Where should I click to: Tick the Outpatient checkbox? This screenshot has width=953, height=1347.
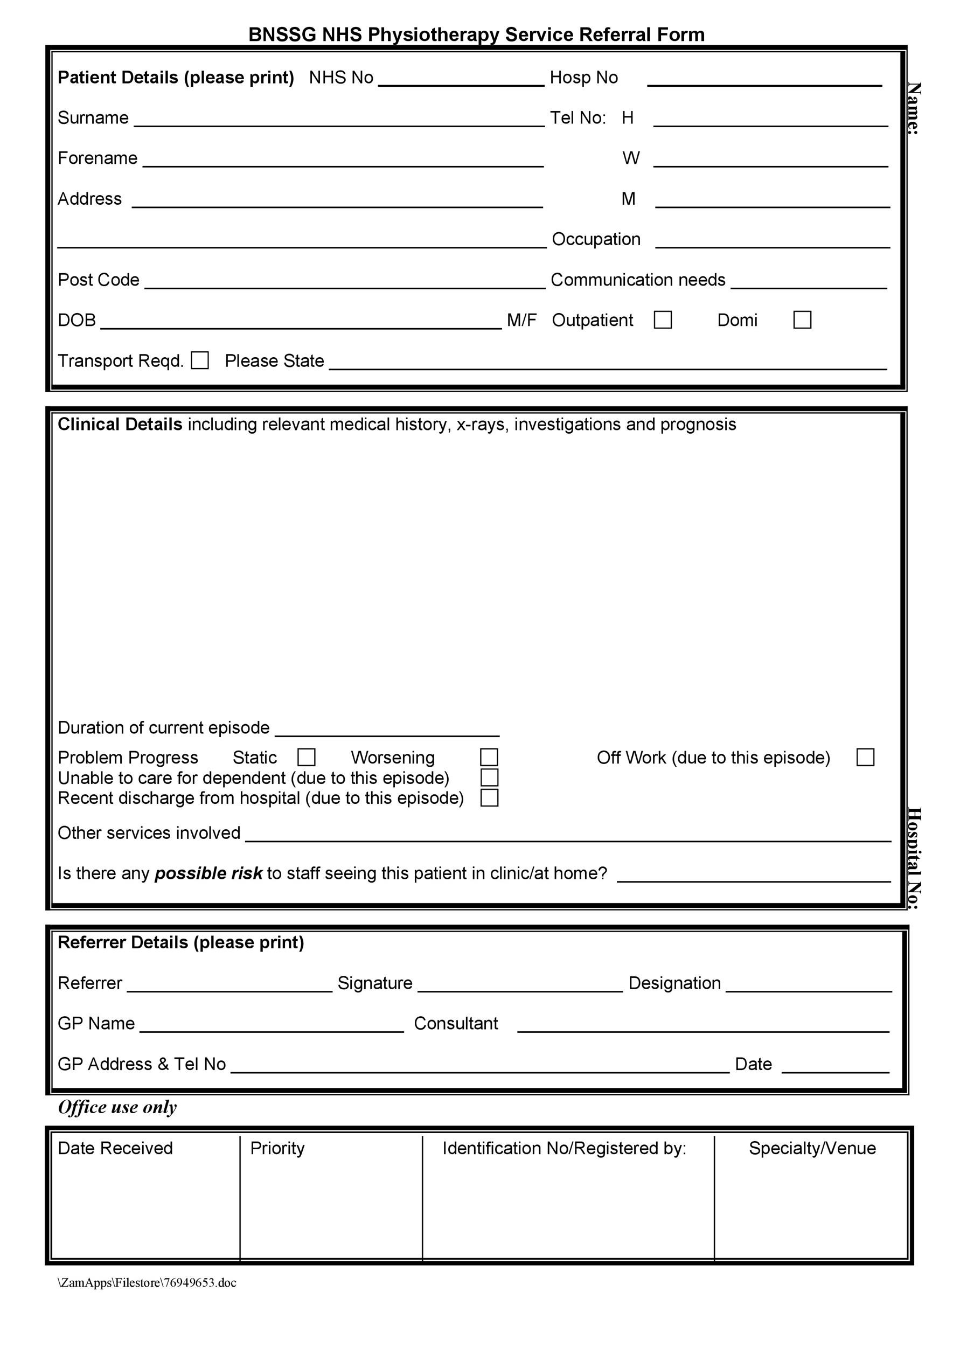click(663, 320)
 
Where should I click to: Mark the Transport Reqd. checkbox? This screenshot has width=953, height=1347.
click(200, 360)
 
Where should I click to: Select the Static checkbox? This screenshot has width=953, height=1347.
click(307, 757)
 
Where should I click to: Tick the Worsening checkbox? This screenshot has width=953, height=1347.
click(489, 757)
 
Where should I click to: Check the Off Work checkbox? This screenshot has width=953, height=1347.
click(865, 757)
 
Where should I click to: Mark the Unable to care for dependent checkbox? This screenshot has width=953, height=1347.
click(489, 777)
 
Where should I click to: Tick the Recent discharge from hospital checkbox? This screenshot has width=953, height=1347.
click(489, 797)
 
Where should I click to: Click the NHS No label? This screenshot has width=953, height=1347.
click(341, 78)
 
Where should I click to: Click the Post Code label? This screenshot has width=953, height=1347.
click(99, 280)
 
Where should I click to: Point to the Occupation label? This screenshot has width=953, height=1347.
click(596, 239)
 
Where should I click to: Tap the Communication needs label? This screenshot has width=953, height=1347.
click(638, 280)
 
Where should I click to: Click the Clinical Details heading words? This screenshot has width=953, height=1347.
click(120, 425)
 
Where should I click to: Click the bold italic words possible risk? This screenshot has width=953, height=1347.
click(208, 873)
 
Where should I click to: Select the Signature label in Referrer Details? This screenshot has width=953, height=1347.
click(375, 983)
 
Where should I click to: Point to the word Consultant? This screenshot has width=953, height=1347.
click(456, 1024)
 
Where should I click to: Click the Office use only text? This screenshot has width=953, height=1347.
click(117, 1107)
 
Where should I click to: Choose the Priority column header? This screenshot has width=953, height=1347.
click(277, 1148)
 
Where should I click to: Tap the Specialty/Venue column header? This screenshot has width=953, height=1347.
click(812, 1148)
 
